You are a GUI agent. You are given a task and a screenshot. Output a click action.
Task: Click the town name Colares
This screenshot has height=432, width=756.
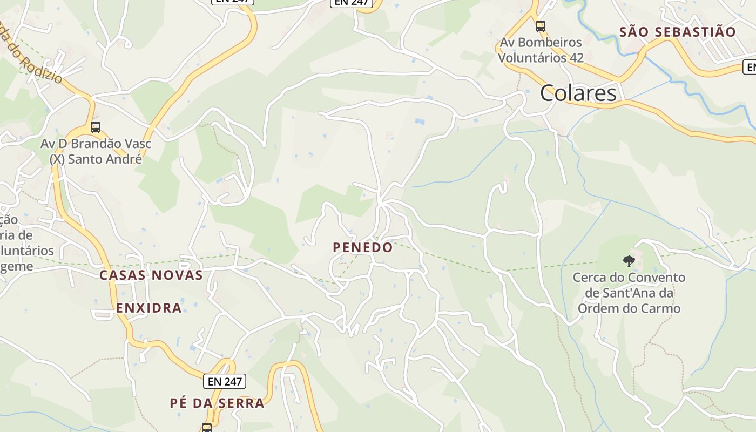tap(578, 93)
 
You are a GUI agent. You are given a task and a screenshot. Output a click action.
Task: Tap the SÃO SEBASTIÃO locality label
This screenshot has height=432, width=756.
tap(677, 32)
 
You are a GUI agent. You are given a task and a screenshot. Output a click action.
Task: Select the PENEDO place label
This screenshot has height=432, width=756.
tap(363, 247)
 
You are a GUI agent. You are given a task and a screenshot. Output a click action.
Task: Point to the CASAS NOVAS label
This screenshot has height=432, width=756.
tap(151, 275)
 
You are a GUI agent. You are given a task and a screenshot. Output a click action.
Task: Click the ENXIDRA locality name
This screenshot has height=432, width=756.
tap(148, 308)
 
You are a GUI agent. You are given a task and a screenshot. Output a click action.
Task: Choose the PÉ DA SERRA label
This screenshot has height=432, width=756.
tap(217, 403)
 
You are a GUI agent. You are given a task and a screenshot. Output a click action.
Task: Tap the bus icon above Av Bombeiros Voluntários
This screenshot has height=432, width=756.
tap(540, 26)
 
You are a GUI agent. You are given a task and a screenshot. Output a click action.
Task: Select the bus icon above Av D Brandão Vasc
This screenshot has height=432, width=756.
tap(96, 127)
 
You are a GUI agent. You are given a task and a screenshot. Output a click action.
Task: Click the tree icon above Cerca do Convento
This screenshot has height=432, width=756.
tap(629, 261)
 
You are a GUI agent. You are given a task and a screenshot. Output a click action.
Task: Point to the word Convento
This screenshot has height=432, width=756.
tap(655, 278)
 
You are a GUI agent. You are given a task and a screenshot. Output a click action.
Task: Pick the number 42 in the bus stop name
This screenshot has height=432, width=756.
tap(576, 57)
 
